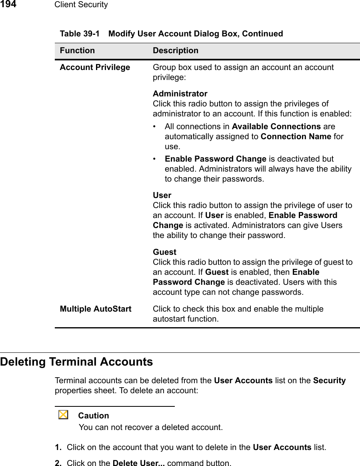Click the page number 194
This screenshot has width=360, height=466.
pyautogui.click(x=8, y=5)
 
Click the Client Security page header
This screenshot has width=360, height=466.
pyautogui.click(x=81, y=5)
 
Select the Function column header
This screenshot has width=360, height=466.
pyautogui.click(x=77, y=51)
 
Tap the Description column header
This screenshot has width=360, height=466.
pyautogui.click(x=175, y=51)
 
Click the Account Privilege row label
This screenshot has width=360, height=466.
pyautogui.click(x=95, y=67)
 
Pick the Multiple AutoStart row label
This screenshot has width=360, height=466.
pyautogui.click(x=96, y=309)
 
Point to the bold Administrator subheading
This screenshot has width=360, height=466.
pyautogui.click(x=180, y=94)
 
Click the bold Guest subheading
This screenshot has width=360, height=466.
pyautogui.click(x=164, y=252)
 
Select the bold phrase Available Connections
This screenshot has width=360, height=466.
pyautogui.click(x=276, y=126)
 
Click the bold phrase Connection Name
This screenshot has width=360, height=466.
pyautogui.click(x=296, y=136)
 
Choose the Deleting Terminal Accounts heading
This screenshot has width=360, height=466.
pyautogui.click(x=77, y=362)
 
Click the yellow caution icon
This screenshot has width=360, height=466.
pyautogui.click(x=63, y=415)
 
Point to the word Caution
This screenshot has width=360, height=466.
pyautogui.click(x=94, y=416)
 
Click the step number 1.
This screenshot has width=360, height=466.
pyautogui.click(x=58, y=447)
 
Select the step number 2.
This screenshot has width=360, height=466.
pyautogui.click(x=58, y=464)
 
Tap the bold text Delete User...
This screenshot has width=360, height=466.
pyautogui.click(x=138, y=464)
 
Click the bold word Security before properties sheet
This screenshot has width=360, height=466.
pyautogui.click(x=329, y=380)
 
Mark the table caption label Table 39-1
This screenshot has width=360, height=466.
pyautogui.click(x=80, y=34)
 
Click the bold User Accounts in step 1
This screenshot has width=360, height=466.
pyautogui.click(x=282, y=447)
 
